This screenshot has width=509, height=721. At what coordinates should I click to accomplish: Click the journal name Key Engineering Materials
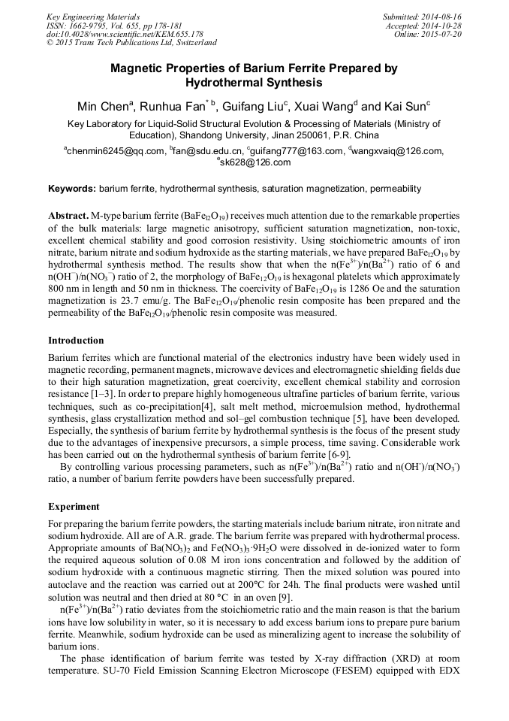click(92, 16)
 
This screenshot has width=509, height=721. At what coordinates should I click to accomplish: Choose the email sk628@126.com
click(254, 162)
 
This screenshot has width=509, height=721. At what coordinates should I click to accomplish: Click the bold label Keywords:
click(72, 189)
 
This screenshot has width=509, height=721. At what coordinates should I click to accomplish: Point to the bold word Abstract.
click(68, 215)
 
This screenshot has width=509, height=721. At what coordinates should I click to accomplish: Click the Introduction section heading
click(76, 341)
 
